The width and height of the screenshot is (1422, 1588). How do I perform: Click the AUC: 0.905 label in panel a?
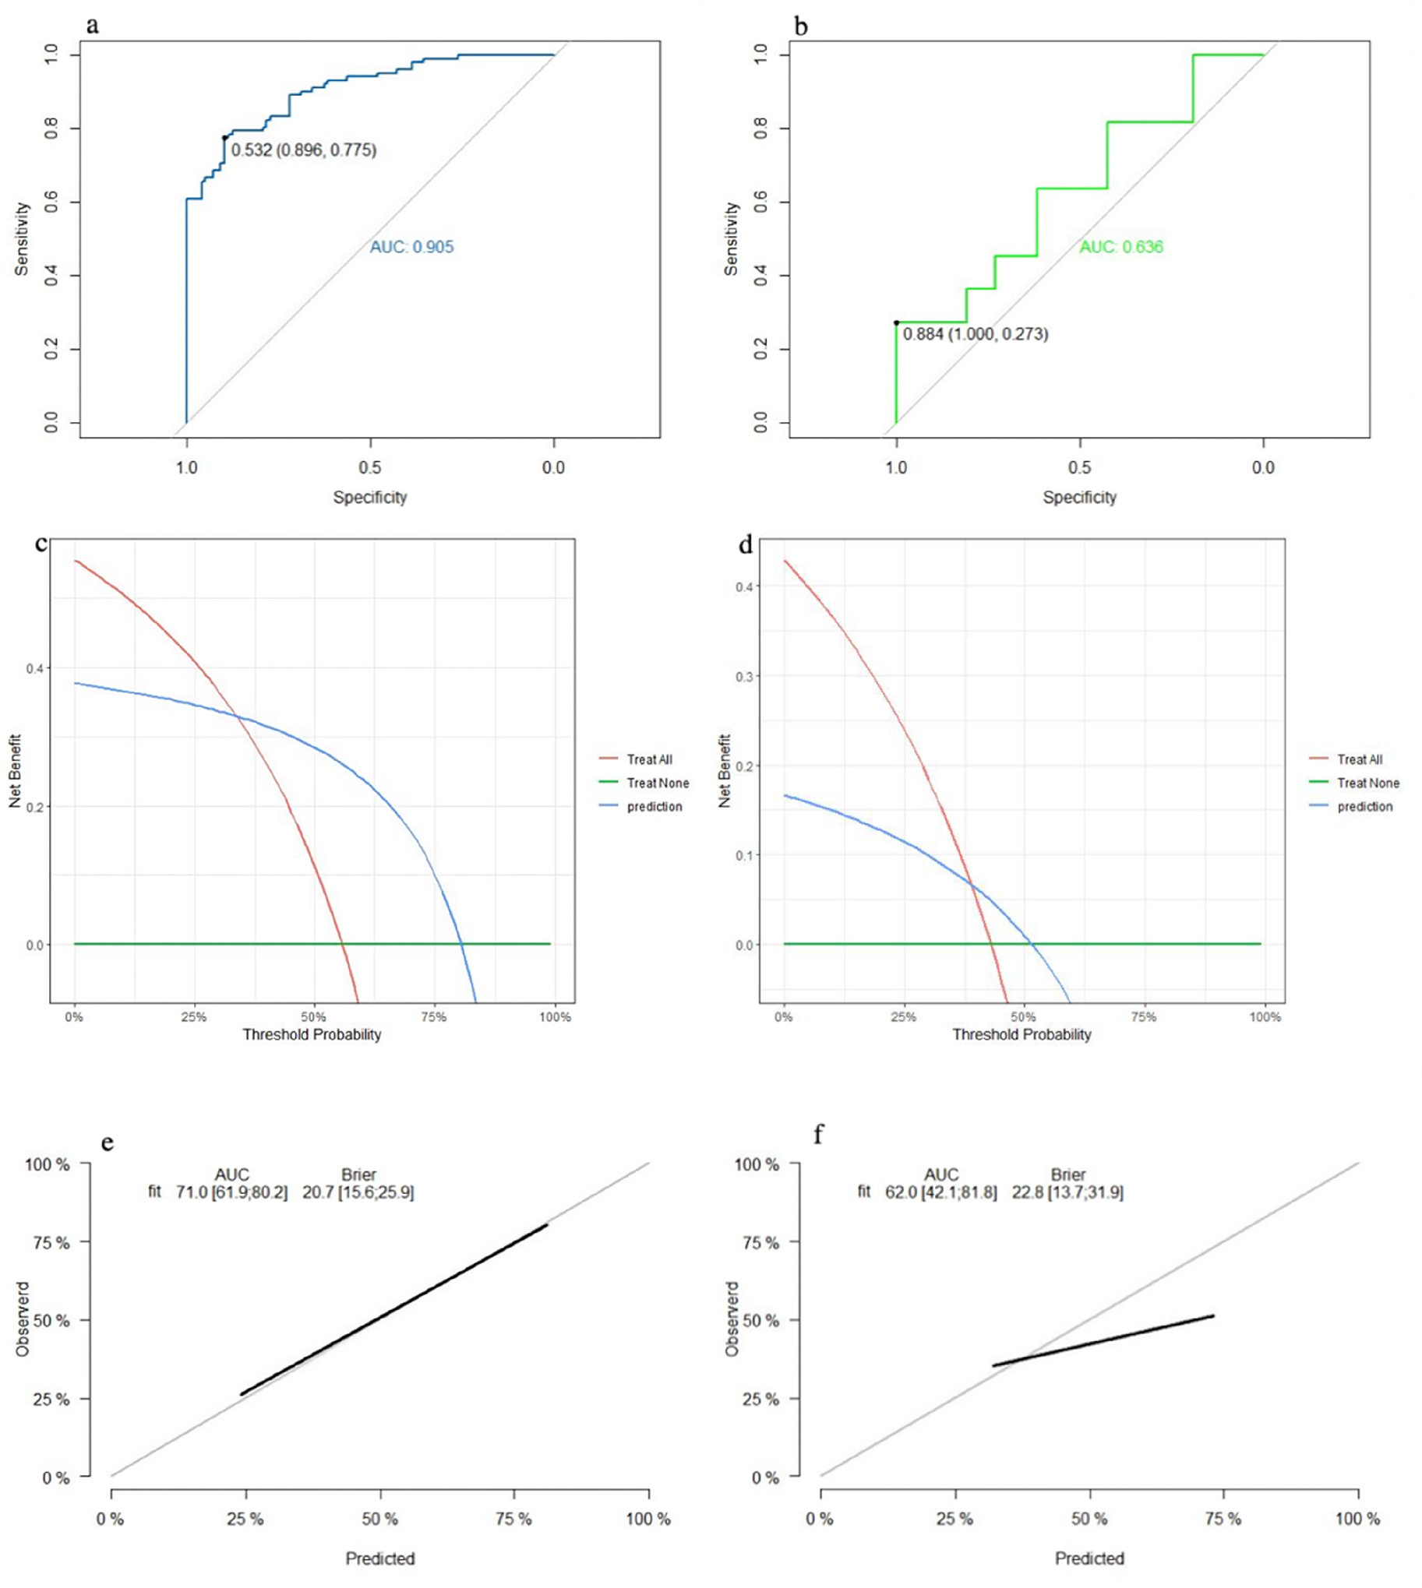tap(411, 247)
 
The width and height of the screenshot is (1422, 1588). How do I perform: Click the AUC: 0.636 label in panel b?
tap(1120, 247)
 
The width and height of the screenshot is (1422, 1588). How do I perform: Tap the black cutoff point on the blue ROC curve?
tap(224, 139)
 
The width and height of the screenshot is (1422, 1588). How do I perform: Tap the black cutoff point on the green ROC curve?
tap(896, 322)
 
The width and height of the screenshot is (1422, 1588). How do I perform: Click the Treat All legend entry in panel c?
tap(648, 759)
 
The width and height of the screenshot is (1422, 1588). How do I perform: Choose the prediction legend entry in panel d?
tap(1364, 807)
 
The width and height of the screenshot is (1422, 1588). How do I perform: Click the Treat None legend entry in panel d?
tap(1367, 783)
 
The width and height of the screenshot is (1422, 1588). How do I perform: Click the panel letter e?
tap(108, 1143)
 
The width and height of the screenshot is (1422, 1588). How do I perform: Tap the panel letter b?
tap(801, 26)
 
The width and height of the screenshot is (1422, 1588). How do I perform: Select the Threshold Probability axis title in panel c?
tap(312, 1034)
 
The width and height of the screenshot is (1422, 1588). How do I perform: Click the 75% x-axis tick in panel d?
tap(1143, 1017)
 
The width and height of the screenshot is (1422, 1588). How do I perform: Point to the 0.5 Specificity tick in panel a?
tap(369, 468)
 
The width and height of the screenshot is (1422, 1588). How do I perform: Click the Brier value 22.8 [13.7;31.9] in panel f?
tap(1067, 1193)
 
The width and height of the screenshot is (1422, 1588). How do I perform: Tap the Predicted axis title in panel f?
tap(1089, 1558)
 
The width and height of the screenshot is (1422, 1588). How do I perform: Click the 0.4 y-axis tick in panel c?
tap(34, 669)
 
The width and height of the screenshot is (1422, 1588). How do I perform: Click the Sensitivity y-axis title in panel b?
tap(732, 239)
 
